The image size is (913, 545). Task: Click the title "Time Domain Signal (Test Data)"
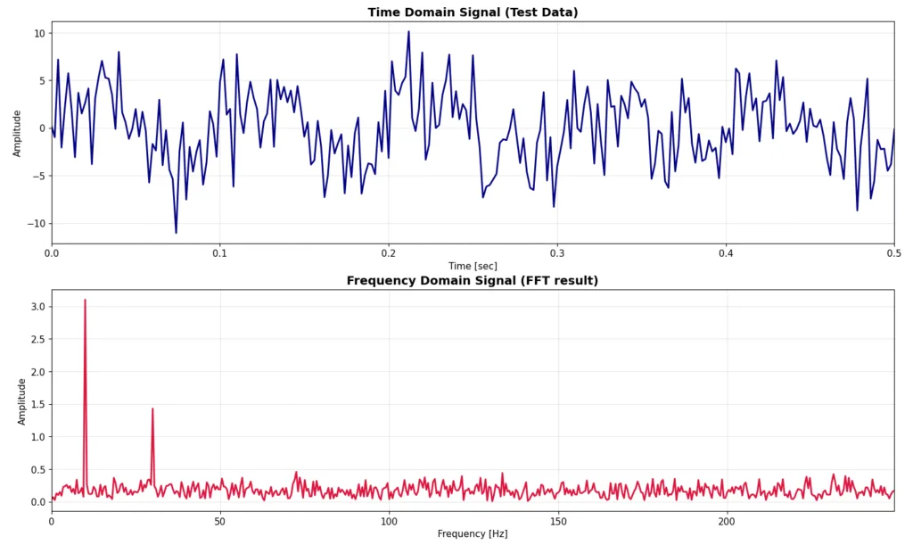(473, 12)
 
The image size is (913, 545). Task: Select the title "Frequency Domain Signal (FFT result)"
(473, 281)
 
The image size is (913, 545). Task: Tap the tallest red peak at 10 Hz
(85, 301)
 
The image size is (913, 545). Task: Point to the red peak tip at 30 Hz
(152, 409)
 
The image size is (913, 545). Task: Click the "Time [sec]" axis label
(473, 266)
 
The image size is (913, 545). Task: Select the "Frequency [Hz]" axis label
(473, 533)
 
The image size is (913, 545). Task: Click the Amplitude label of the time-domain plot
(17, 132)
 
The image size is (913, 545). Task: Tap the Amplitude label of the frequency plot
(22, 400)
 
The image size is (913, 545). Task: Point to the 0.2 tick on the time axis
(388, 252)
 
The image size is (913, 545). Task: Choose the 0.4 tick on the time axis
(726, 252)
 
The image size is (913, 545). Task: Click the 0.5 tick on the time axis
(893, 252)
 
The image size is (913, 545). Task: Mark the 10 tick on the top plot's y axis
(38, 33)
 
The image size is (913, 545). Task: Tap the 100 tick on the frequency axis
(389, 520)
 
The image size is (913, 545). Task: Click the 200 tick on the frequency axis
(727, 520)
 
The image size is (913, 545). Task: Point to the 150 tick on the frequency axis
(558, 520)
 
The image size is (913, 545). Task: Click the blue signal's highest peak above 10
(408, 32)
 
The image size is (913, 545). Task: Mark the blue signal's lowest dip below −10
(176, 233)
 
